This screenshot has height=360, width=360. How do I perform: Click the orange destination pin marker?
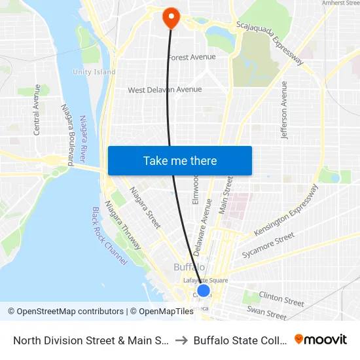(171, 18)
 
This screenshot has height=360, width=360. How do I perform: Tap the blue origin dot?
(204, 291)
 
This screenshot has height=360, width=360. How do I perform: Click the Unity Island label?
(94, 72)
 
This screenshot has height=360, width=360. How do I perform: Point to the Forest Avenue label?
(192, 58)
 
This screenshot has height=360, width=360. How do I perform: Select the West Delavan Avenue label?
(165, 90)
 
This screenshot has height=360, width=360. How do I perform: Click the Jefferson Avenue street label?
(284, 110)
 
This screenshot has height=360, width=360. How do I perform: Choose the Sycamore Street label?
(268, 245)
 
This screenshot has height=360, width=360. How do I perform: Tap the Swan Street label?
(266, 313)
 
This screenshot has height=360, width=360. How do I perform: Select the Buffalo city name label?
(190, 267)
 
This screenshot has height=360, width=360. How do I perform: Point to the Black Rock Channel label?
(109, 236)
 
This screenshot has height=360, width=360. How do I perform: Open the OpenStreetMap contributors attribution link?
(65, 312)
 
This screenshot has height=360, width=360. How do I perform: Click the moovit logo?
(321, 340)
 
